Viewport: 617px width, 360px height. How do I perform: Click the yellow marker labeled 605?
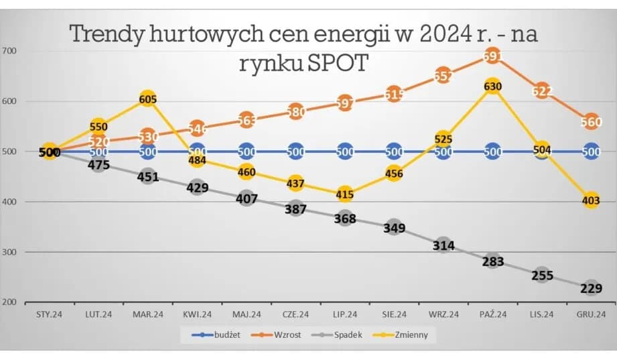[x=147, y=99]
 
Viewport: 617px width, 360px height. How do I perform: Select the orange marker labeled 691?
[x=492, y=57]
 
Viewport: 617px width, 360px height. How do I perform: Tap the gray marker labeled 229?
[x=591, y=288]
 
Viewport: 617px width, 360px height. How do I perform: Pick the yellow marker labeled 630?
[x=492, y=86]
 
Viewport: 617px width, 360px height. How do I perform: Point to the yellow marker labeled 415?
[x=344, y=194]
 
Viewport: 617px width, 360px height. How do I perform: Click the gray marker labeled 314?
[x=443, y=245]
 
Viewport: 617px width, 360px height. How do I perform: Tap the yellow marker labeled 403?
[x=591, y=200]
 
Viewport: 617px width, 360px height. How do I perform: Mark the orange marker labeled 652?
[x=443, y=76]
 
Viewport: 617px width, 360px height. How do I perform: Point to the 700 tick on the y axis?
[x=9, y=51]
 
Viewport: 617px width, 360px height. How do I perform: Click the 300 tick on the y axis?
[x=9, y=252]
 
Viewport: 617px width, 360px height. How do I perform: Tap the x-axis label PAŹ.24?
[x=492, y=314]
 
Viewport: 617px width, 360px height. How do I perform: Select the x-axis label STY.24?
[x=49, y=314]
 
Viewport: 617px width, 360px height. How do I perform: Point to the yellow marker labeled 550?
[x=98, y=126]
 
